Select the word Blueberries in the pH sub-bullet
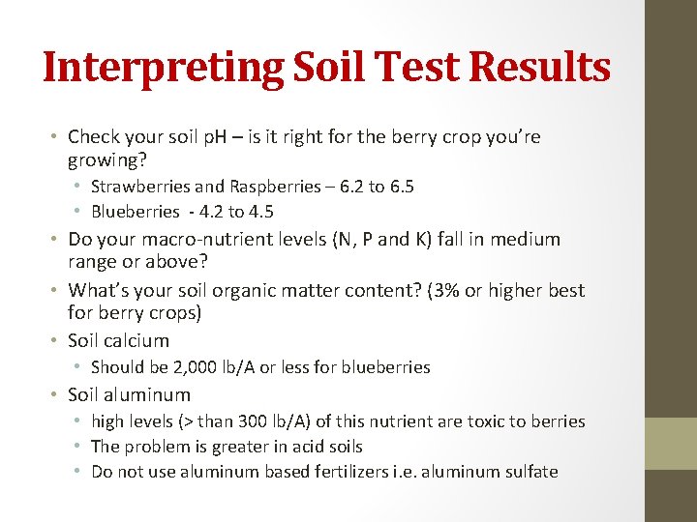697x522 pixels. tap(136, 212)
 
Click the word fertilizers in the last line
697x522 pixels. tap(363, 472)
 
